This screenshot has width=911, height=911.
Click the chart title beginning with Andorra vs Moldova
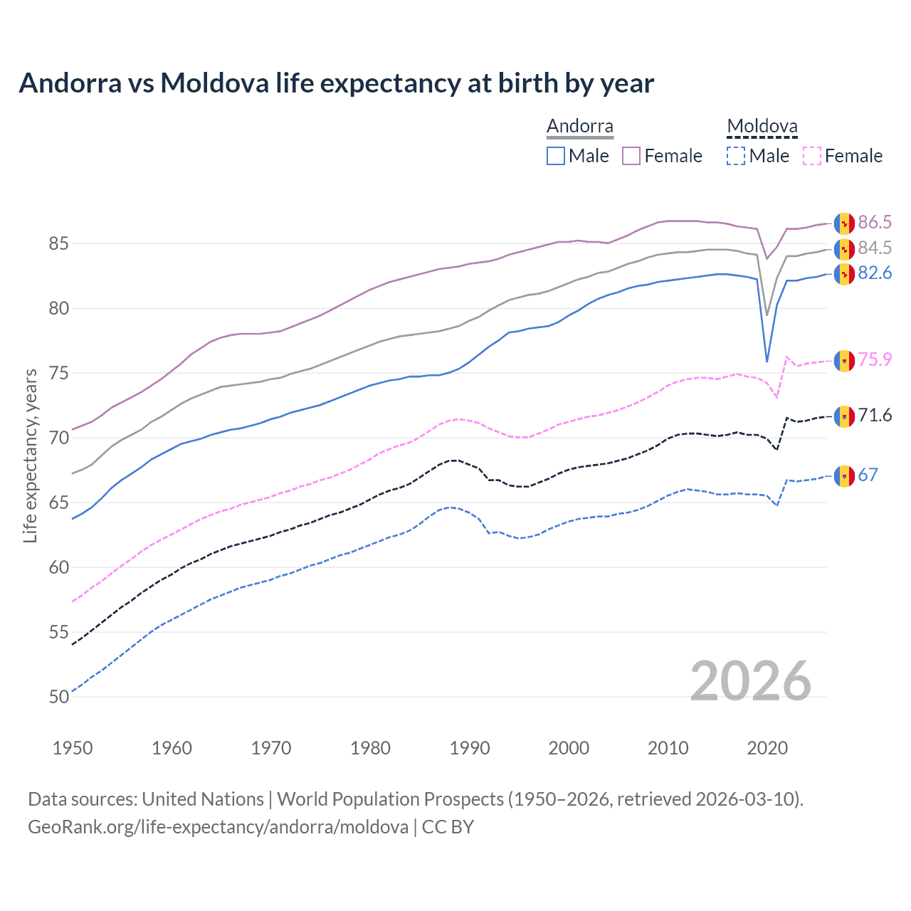[336, 83]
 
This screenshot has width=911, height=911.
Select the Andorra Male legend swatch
[556, 156]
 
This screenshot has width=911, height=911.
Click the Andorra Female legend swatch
[631, 156]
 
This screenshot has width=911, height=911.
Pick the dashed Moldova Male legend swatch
[736, 156]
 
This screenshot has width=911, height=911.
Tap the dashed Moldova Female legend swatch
[812, 156]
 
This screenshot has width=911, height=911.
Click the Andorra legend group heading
[579, 127]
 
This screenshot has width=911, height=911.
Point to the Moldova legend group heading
[762, 127]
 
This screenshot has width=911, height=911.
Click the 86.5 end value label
[874, 223]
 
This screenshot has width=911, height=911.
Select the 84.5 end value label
[874, 248]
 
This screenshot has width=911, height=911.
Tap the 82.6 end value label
[874, 273]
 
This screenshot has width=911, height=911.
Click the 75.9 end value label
[874, 360]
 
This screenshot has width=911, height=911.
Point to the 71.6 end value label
[874, 416]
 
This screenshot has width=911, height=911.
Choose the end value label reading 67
[868, 475]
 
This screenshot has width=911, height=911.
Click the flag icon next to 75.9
[844, 361]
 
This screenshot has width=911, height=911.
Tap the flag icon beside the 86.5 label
[844, 223]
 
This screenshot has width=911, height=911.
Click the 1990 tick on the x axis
[470, 748]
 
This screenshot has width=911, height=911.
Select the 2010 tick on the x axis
[668, 748]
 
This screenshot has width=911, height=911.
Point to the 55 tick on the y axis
[58, 632]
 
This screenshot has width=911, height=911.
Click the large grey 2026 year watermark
[750, 681]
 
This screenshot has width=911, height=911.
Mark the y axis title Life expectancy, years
[31, 455]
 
